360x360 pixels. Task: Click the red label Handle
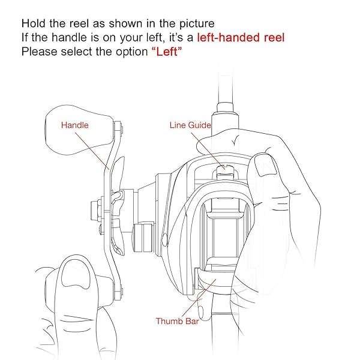click(74, 125)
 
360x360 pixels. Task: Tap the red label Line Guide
click(190, 125)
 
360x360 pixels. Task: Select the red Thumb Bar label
click(177, 321)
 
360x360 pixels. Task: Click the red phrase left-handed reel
click(241, 37)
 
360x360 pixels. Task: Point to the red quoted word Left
click(167, 52)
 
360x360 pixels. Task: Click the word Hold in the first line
click(33, 23)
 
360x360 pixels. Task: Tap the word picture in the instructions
click(197, 24)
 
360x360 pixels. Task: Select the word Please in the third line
click(39, 52)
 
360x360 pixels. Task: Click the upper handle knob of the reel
click(79, 130)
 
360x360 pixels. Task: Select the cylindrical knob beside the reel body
click(143, 237)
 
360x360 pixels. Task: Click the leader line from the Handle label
click(91, 151)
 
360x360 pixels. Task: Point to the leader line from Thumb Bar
click(199, 298)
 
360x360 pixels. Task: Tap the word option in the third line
click(131, 52)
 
